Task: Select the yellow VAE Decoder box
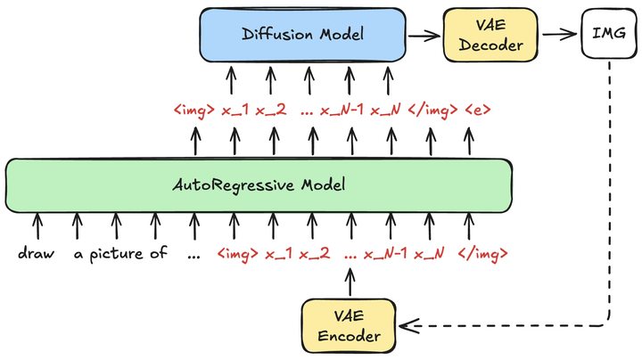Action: point(483,35)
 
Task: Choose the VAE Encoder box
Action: point(349,325)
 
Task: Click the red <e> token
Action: point(477,111)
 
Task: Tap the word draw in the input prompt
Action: point(37,254)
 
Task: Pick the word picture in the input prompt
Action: point(119,254)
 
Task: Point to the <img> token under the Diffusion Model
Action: point(193,111)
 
